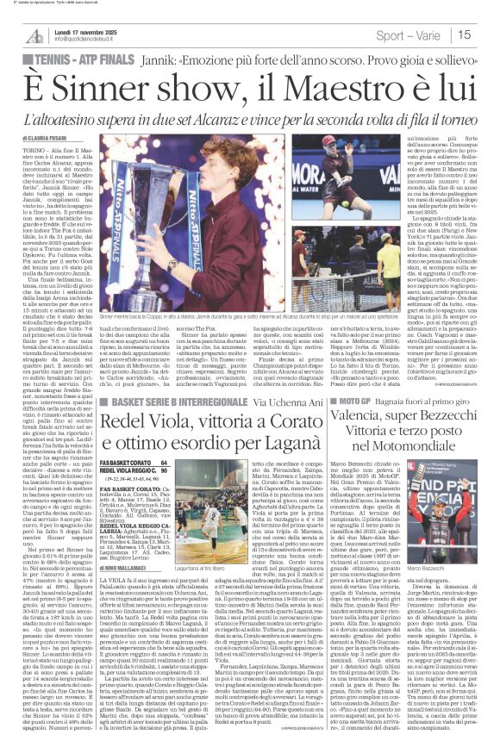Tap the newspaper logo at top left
[34, 34]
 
